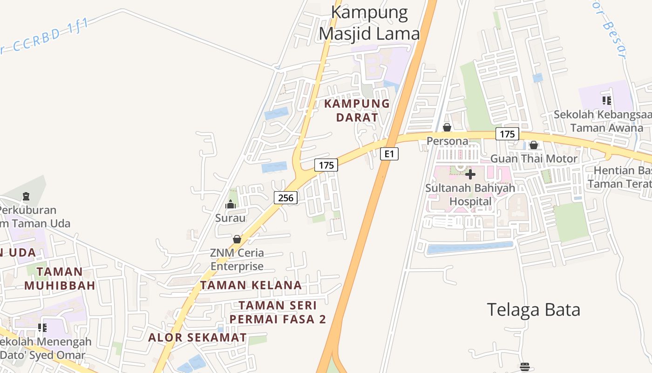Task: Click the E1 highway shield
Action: tap(389, 153)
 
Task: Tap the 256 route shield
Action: tap(285, 198)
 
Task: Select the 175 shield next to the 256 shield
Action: tap(326, 165)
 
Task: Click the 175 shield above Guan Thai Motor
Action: tap(507, 134)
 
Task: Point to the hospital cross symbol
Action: tap(470, 174)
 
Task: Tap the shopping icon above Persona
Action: tap(447, 127)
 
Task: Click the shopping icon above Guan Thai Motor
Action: tap(534, 145)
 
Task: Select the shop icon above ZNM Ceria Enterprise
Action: tap(237, 239)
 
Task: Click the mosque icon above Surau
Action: tap(230, 204)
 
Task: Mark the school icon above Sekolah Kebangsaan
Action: tap(606, 100)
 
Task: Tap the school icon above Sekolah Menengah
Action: tap(42, 328)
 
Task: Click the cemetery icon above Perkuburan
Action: tap(26, 196)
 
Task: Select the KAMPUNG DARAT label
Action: tap(357, 111)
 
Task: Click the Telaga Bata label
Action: tap(533, 310)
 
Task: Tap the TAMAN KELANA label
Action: tap(251, 285)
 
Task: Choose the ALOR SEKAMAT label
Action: tap(197, 337)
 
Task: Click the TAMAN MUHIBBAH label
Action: tap(60, 278)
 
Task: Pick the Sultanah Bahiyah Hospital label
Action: tap(470, 195)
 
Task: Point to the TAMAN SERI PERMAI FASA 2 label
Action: tap(278, 312)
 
